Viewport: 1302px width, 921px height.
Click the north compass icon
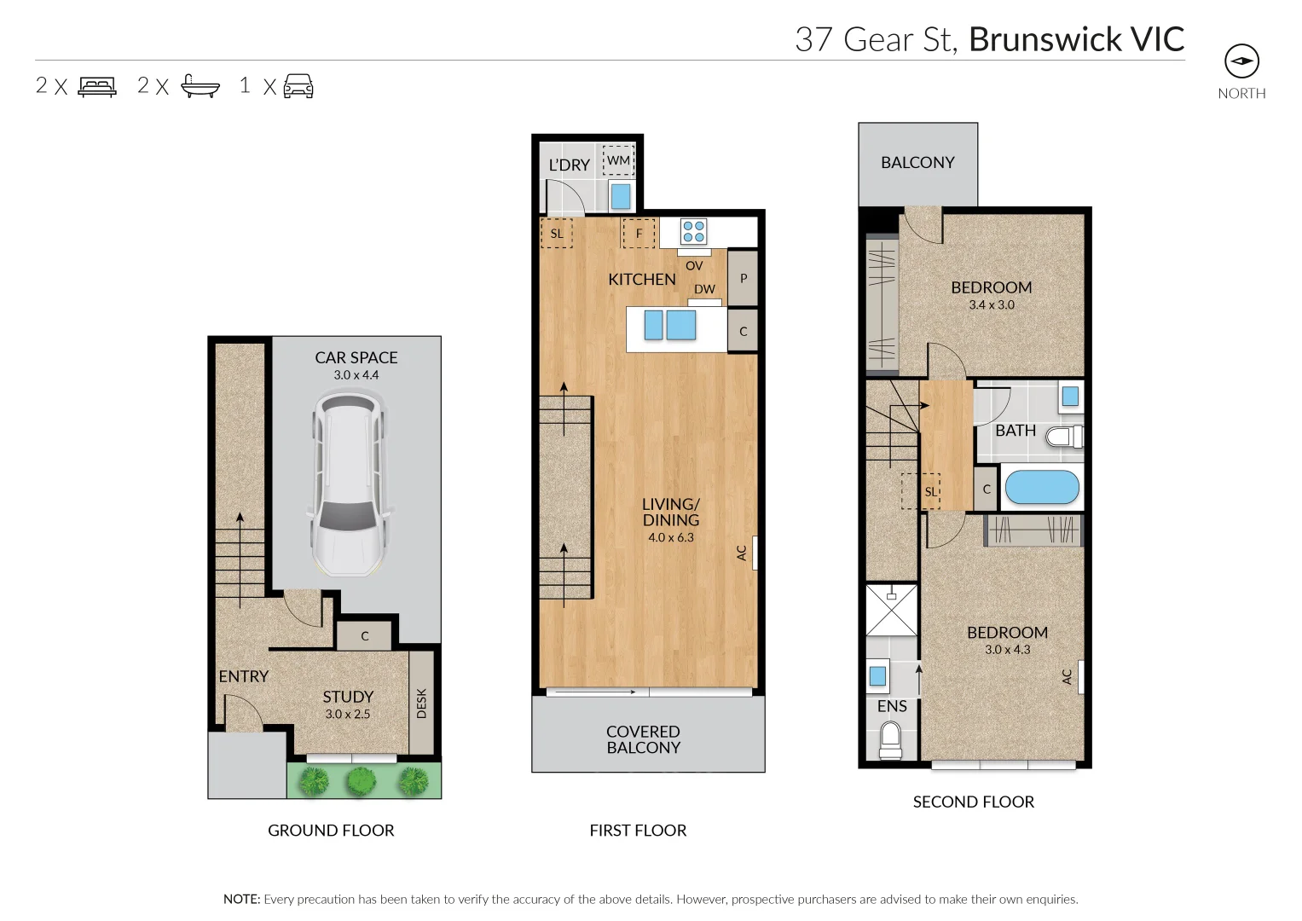1241,61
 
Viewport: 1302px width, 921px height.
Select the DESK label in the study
421,704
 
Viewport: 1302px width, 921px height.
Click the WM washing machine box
618,160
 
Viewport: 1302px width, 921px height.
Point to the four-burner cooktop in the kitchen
693,231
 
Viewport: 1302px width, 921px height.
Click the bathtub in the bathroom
1042,489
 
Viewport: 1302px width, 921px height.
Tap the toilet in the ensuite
889,739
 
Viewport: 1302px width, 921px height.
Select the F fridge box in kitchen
639,234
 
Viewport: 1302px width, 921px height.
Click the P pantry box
743,278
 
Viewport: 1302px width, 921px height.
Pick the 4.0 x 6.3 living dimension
671,537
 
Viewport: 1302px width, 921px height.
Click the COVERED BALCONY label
643,739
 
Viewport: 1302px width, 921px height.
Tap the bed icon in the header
97,86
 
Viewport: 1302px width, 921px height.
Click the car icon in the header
298,86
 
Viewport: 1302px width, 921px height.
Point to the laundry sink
621,196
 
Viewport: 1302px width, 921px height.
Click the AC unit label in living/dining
742,553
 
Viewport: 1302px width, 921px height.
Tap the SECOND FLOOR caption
973,802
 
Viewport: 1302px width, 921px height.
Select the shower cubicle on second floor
891,610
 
